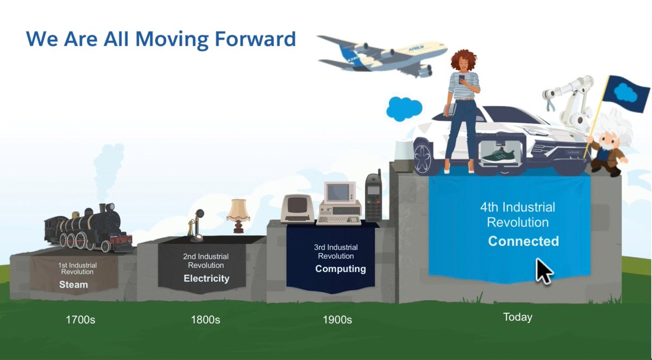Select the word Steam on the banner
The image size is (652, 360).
73,285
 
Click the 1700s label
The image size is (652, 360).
80,320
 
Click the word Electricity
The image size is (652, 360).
206,279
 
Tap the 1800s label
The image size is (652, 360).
205,320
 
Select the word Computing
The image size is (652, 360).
341,269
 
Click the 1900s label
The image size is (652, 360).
337,320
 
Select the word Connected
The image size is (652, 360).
523,241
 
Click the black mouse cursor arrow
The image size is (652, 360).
543,271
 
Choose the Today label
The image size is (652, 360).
517,317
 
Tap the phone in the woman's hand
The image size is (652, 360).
462,78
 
